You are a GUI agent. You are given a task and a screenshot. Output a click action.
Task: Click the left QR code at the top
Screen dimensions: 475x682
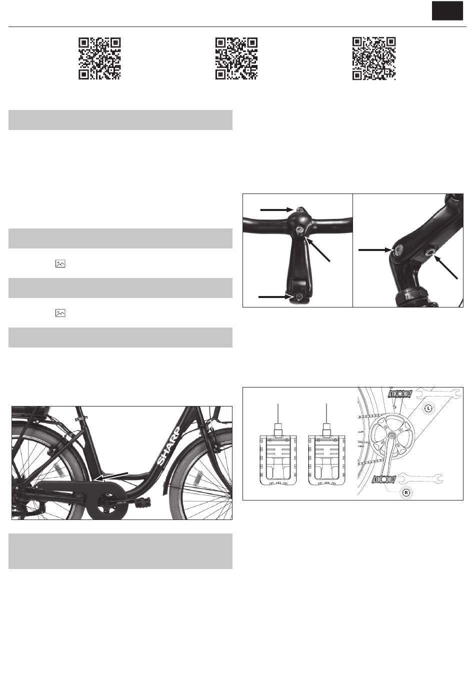(99, 58)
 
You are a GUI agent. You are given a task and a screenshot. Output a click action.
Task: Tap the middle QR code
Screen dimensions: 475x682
(236, 58)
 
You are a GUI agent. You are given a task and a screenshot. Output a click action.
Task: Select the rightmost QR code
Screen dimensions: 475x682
(374, 58)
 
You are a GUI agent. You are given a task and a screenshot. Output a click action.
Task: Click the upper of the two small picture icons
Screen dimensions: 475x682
(60, 263)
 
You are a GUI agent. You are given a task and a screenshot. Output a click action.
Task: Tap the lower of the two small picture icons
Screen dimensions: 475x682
(60, 313)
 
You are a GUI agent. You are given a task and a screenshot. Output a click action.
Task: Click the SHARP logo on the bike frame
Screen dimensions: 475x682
(168, 446)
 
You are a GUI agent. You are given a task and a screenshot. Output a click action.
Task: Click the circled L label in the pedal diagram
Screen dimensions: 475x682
(428, 408)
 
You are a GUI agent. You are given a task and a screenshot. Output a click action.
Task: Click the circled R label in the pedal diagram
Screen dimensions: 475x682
(406, 492)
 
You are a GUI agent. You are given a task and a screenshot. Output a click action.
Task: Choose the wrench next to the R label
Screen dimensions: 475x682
(420, 478)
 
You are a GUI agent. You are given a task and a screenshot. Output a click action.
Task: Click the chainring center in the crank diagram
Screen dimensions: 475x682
(391, 434)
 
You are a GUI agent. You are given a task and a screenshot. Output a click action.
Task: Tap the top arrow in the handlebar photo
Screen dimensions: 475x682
(276, 210)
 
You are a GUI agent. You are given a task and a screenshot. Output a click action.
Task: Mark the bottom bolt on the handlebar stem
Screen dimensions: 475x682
(298, 297)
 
